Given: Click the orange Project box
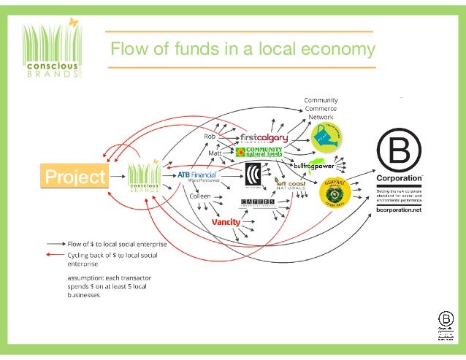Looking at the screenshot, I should (75, 177).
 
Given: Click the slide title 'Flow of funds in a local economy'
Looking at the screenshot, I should (242, 50).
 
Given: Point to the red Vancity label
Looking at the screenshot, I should (226, 221).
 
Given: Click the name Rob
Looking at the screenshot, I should (210, 137).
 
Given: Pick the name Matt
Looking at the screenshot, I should (215, 154).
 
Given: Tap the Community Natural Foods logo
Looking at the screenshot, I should (259, 153).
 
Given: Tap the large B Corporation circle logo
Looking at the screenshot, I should (399, 150).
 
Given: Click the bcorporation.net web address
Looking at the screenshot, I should (400, 210).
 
